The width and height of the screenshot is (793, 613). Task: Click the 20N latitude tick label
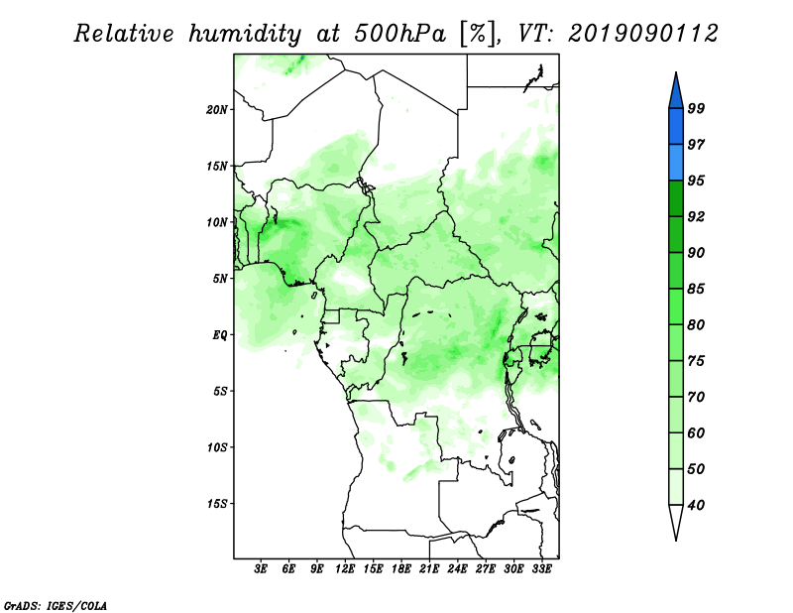point(216,110)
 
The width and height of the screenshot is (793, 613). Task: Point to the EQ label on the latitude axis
point(220,335)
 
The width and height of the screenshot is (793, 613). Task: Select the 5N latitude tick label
point(220,279)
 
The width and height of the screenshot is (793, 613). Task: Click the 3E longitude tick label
point(261,569)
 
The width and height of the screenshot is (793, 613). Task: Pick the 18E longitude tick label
point(401,569)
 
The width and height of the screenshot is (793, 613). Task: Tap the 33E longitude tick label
point(541,569)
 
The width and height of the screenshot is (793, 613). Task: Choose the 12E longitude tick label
point(345,569)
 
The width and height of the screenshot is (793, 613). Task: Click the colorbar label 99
point(696,108)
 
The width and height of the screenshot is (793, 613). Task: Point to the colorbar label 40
point(696,505)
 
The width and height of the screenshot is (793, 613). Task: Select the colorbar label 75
point(696,361)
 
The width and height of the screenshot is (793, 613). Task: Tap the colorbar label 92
point(696,216)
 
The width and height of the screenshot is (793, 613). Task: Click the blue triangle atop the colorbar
point(676,93)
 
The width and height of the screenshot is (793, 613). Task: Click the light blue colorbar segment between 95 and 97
point(676,163)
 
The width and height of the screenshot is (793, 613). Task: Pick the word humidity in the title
point(245,34)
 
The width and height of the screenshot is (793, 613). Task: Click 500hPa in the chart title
point(400,34)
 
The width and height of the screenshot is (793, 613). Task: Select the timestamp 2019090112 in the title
point(642,34)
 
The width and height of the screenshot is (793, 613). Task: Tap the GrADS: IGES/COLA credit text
point(56,605)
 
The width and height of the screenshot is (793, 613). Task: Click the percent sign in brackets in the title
point(478,34)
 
